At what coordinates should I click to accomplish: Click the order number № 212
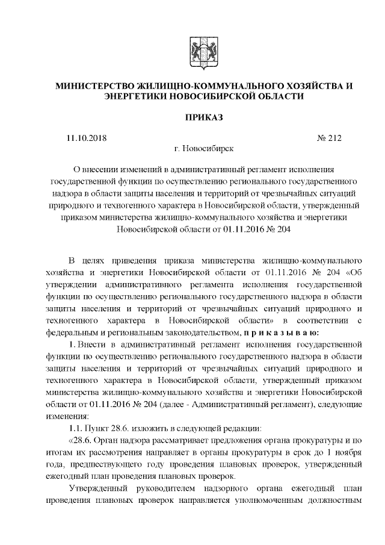[x=328, y=138]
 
